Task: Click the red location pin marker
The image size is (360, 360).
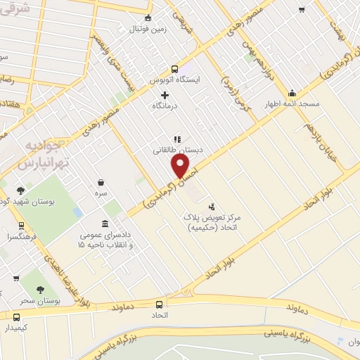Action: (x=181, y=167)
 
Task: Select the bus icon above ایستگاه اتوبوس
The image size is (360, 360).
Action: (x=174, y=69)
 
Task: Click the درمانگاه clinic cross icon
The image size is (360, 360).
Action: (x=165, y=94)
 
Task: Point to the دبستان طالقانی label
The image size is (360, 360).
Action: (x=170, y=150)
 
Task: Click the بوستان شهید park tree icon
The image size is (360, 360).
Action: (x=21, y=190)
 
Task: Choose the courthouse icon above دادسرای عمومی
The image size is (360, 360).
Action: (x=105, y=224)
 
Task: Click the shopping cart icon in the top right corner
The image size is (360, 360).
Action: (x=302, y=10)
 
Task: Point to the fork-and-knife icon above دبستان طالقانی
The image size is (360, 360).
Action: (x=176, y=139)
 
